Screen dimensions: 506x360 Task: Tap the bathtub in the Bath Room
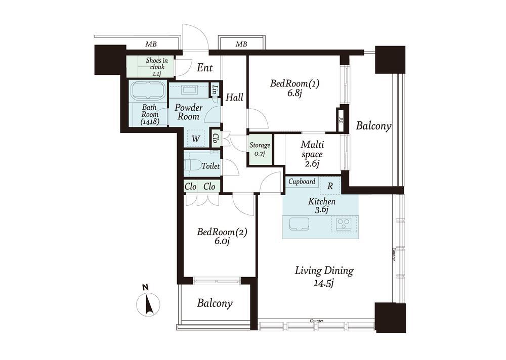tap(148, 91)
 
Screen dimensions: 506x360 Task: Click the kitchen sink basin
tap(299, 224)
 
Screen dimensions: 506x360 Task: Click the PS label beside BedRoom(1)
tap(340, 120)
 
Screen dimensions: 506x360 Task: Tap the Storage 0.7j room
tap(260, 150)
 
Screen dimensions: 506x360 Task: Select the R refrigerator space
tap(330, 186)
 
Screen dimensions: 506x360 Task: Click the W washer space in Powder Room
tap(195, 139)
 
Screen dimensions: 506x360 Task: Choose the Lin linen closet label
tap(215, 89)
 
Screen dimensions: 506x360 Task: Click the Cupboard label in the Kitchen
tap(302, 182)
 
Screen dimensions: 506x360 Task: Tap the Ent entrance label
tap(204, 68)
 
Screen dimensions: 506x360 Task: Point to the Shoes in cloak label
tap(156, 67)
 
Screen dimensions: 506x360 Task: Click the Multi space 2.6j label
tap(312, 154)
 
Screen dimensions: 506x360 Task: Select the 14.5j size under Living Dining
tap(324, 283)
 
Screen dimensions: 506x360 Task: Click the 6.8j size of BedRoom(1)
tap(294, 93)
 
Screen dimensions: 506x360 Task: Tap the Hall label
tap(234, 97)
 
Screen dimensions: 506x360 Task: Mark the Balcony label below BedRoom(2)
tap(215, 303)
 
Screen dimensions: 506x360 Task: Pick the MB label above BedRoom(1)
tap(241, 44)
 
